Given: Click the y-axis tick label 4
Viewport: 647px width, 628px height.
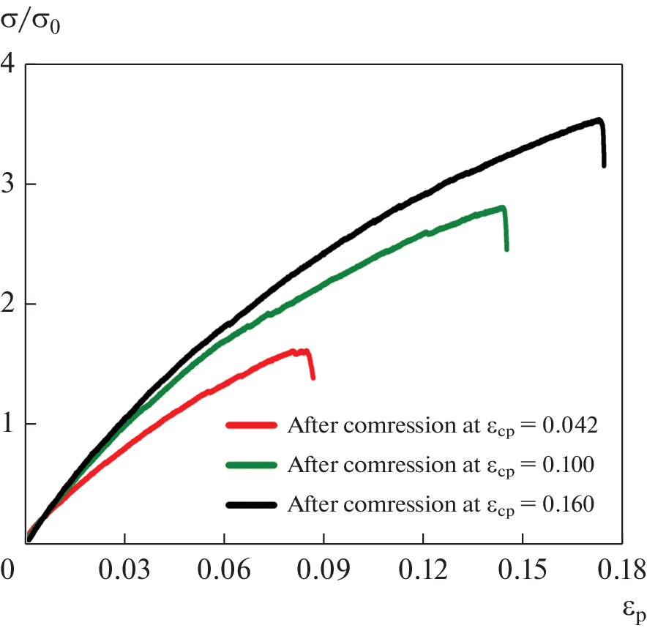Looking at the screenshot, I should tap(10, 64).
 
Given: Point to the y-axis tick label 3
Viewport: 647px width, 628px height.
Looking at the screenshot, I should tap(10, 184).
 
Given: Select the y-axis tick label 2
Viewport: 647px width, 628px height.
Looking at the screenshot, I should tap(10, 304).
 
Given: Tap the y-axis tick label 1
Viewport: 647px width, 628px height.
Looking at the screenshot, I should tap(10, 424).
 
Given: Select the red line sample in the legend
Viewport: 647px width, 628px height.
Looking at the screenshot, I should tap(252, 425).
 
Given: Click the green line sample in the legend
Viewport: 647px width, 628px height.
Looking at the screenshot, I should tap(252, 465).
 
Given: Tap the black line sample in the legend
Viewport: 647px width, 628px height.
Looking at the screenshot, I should tap(252, 504).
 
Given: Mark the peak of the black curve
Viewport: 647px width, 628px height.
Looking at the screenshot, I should tap(599, 120).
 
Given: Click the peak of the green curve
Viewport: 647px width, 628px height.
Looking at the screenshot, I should tap(502, 207).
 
